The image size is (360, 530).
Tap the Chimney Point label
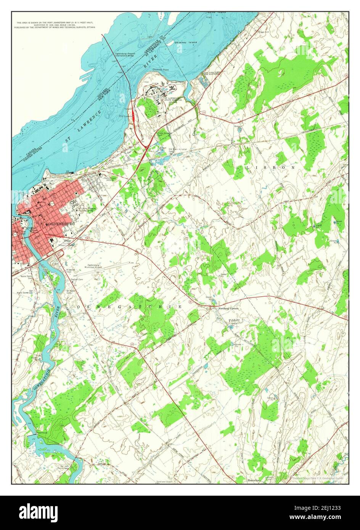tap(160, 70)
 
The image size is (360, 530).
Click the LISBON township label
tap(271, 167)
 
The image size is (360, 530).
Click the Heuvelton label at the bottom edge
tap(254, 480)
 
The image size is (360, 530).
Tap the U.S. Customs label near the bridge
tap(125, 116)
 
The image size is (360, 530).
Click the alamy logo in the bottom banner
tap(38, 511)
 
